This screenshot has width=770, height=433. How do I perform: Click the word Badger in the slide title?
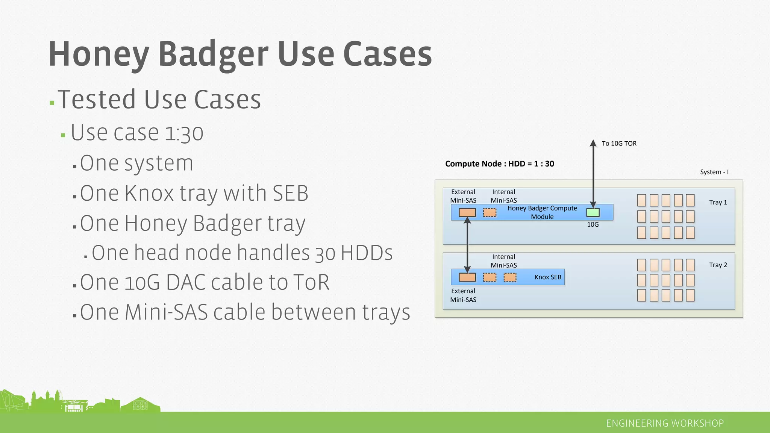(x=213, y=55)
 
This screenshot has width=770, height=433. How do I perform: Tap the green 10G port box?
(x=593, y=213)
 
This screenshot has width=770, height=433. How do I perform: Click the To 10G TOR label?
(x=619, y=144)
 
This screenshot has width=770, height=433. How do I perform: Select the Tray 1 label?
(x=718, y=202)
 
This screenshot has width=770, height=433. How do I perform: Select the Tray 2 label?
(x=718, y=265)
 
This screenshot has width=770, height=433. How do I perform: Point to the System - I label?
(x=714, y=172)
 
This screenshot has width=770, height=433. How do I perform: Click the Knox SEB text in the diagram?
(x=548, y=277)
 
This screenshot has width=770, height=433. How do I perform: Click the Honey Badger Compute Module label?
(x=542, y=212)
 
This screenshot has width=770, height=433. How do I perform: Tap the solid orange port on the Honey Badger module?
(x=467, y=213)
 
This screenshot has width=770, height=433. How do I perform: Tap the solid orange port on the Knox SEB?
(x=467, y=277)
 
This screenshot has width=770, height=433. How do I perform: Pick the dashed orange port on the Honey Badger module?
(x=490, y=213)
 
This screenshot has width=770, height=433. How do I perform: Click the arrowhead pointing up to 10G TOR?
(x=593, y=143)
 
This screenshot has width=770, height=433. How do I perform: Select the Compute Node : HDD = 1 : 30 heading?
(x=499, y=164)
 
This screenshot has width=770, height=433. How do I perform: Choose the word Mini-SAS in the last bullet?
(x=166, y=312)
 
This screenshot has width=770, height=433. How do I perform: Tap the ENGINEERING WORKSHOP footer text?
(x=665, y=424)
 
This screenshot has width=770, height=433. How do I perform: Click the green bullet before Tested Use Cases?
(x=52, y=103)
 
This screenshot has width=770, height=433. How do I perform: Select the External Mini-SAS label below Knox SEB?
(x=463, y=295)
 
